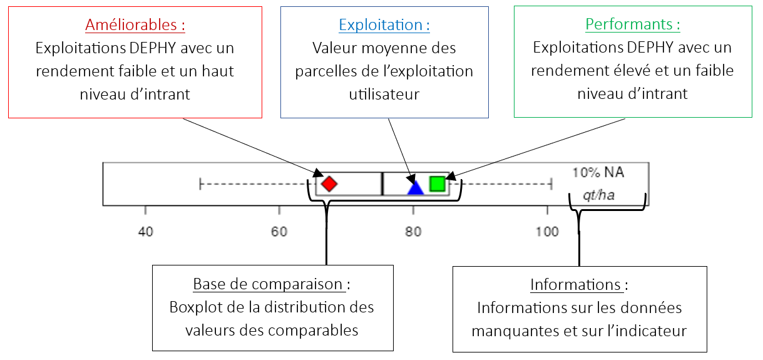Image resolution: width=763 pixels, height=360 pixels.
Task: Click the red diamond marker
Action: tap(329, 184)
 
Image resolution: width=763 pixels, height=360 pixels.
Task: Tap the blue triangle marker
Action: tap(415, 187)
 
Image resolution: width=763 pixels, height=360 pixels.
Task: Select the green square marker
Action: tap(437, 183)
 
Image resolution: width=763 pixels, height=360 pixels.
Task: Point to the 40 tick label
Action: tap(145, 232)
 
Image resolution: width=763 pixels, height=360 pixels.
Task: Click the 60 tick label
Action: tap(279, 232)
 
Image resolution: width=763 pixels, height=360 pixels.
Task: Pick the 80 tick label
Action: tap(413, 232)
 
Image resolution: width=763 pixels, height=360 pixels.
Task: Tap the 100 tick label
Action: tap(547, 232)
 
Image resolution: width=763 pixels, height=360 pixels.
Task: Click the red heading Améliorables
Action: tap(135, 26)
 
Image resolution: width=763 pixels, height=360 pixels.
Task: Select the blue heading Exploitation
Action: tap(384, 26)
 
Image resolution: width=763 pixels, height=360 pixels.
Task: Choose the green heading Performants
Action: tap(632, 25)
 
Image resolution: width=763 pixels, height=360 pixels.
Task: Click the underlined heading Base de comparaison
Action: tap(268, 284)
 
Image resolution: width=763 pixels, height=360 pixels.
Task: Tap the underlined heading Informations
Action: tap(575, 285)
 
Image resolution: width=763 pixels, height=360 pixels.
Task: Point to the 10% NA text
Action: tap(598, 172)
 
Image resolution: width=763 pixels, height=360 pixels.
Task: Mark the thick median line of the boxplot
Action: tap(382, 184)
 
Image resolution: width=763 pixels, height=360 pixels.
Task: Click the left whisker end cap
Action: tap(200, 184)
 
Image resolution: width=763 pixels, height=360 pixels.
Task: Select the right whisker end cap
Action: tap(551, 184)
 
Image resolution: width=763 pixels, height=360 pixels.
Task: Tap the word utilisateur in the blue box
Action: tap(384, 94)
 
